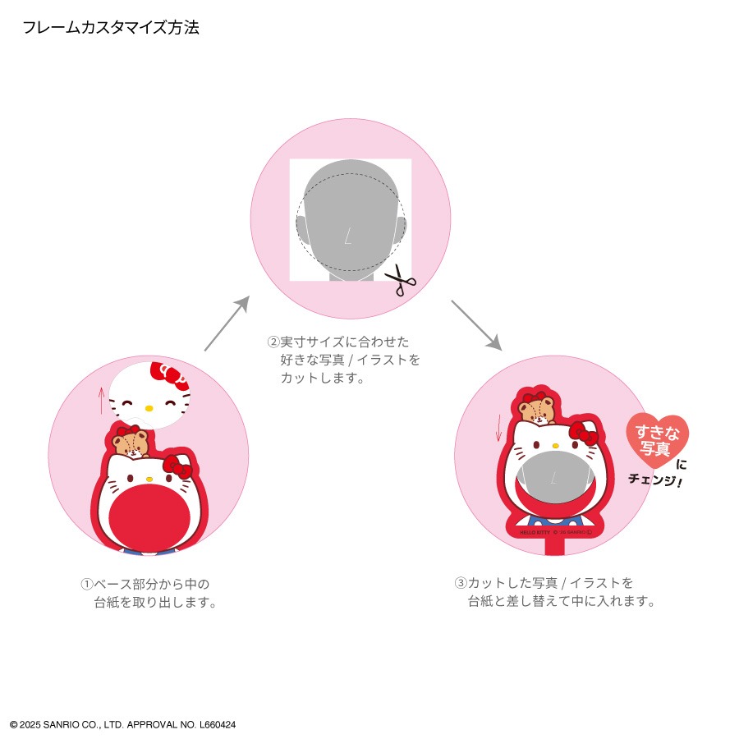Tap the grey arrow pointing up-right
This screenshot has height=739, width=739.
(227, 324)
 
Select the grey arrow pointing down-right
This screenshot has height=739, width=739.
(476, 325)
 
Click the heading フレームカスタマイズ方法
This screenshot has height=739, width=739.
(111, 28)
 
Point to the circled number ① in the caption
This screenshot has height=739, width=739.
(87, 585)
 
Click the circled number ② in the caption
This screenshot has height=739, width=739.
(273, 342)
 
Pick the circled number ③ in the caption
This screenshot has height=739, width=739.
(461, 583)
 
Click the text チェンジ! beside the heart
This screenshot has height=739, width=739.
(655, 480)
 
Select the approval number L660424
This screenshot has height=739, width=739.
(218, 724)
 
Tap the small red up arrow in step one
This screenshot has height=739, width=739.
(101, 400)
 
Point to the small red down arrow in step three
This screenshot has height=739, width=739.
(498, 429)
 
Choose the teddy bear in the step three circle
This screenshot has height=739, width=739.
(537, 408)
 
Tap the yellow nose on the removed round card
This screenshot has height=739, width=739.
(149, 408)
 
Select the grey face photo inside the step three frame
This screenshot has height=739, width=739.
(555, 477)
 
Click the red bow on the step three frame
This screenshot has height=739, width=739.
(584, 434)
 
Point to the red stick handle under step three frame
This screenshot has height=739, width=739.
(554, 547)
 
